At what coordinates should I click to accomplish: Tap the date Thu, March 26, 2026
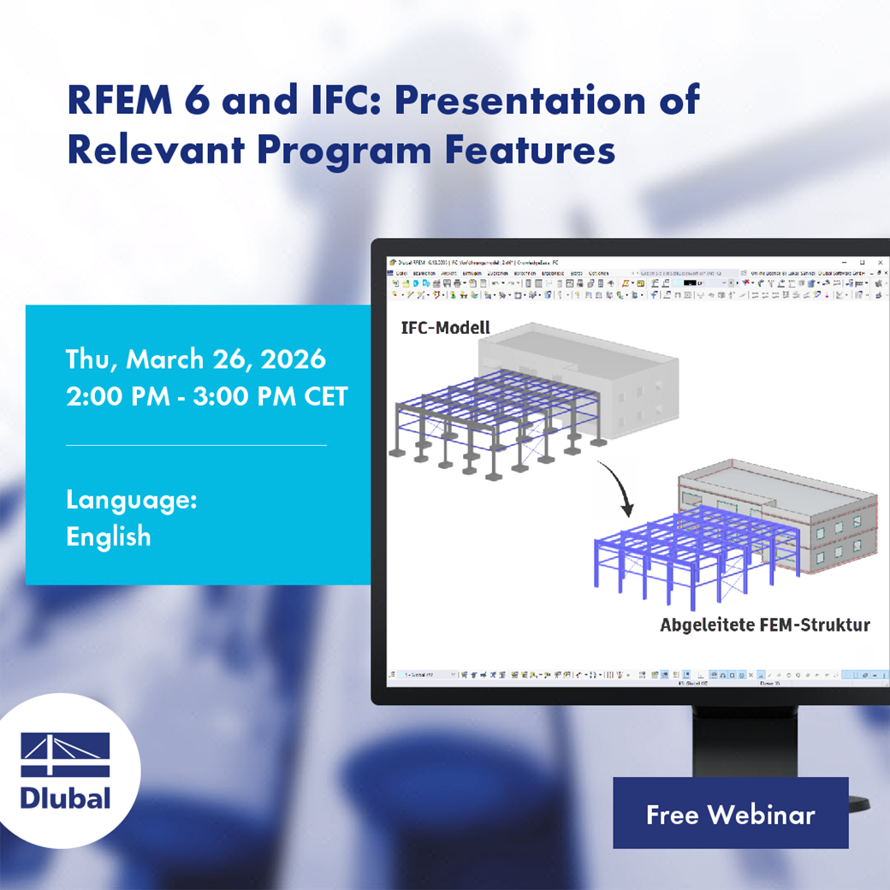tap(196, 359)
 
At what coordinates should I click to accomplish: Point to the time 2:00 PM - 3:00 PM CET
tap(207, 397)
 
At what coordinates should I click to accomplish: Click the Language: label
tap(132, 500)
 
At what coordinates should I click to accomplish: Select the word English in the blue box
tap(109, 537)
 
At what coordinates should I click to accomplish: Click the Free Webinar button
tap(730, 814)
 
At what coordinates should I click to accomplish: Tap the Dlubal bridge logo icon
tap(65, 754)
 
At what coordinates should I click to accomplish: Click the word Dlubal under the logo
tap(65, 798)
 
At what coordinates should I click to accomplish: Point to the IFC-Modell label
tap(445, 328)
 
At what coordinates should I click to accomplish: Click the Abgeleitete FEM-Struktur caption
tap(764, 625)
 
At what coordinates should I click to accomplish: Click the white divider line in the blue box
tap(196, 445)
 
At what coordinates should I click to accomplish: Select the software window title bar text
tap(479, 262)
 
